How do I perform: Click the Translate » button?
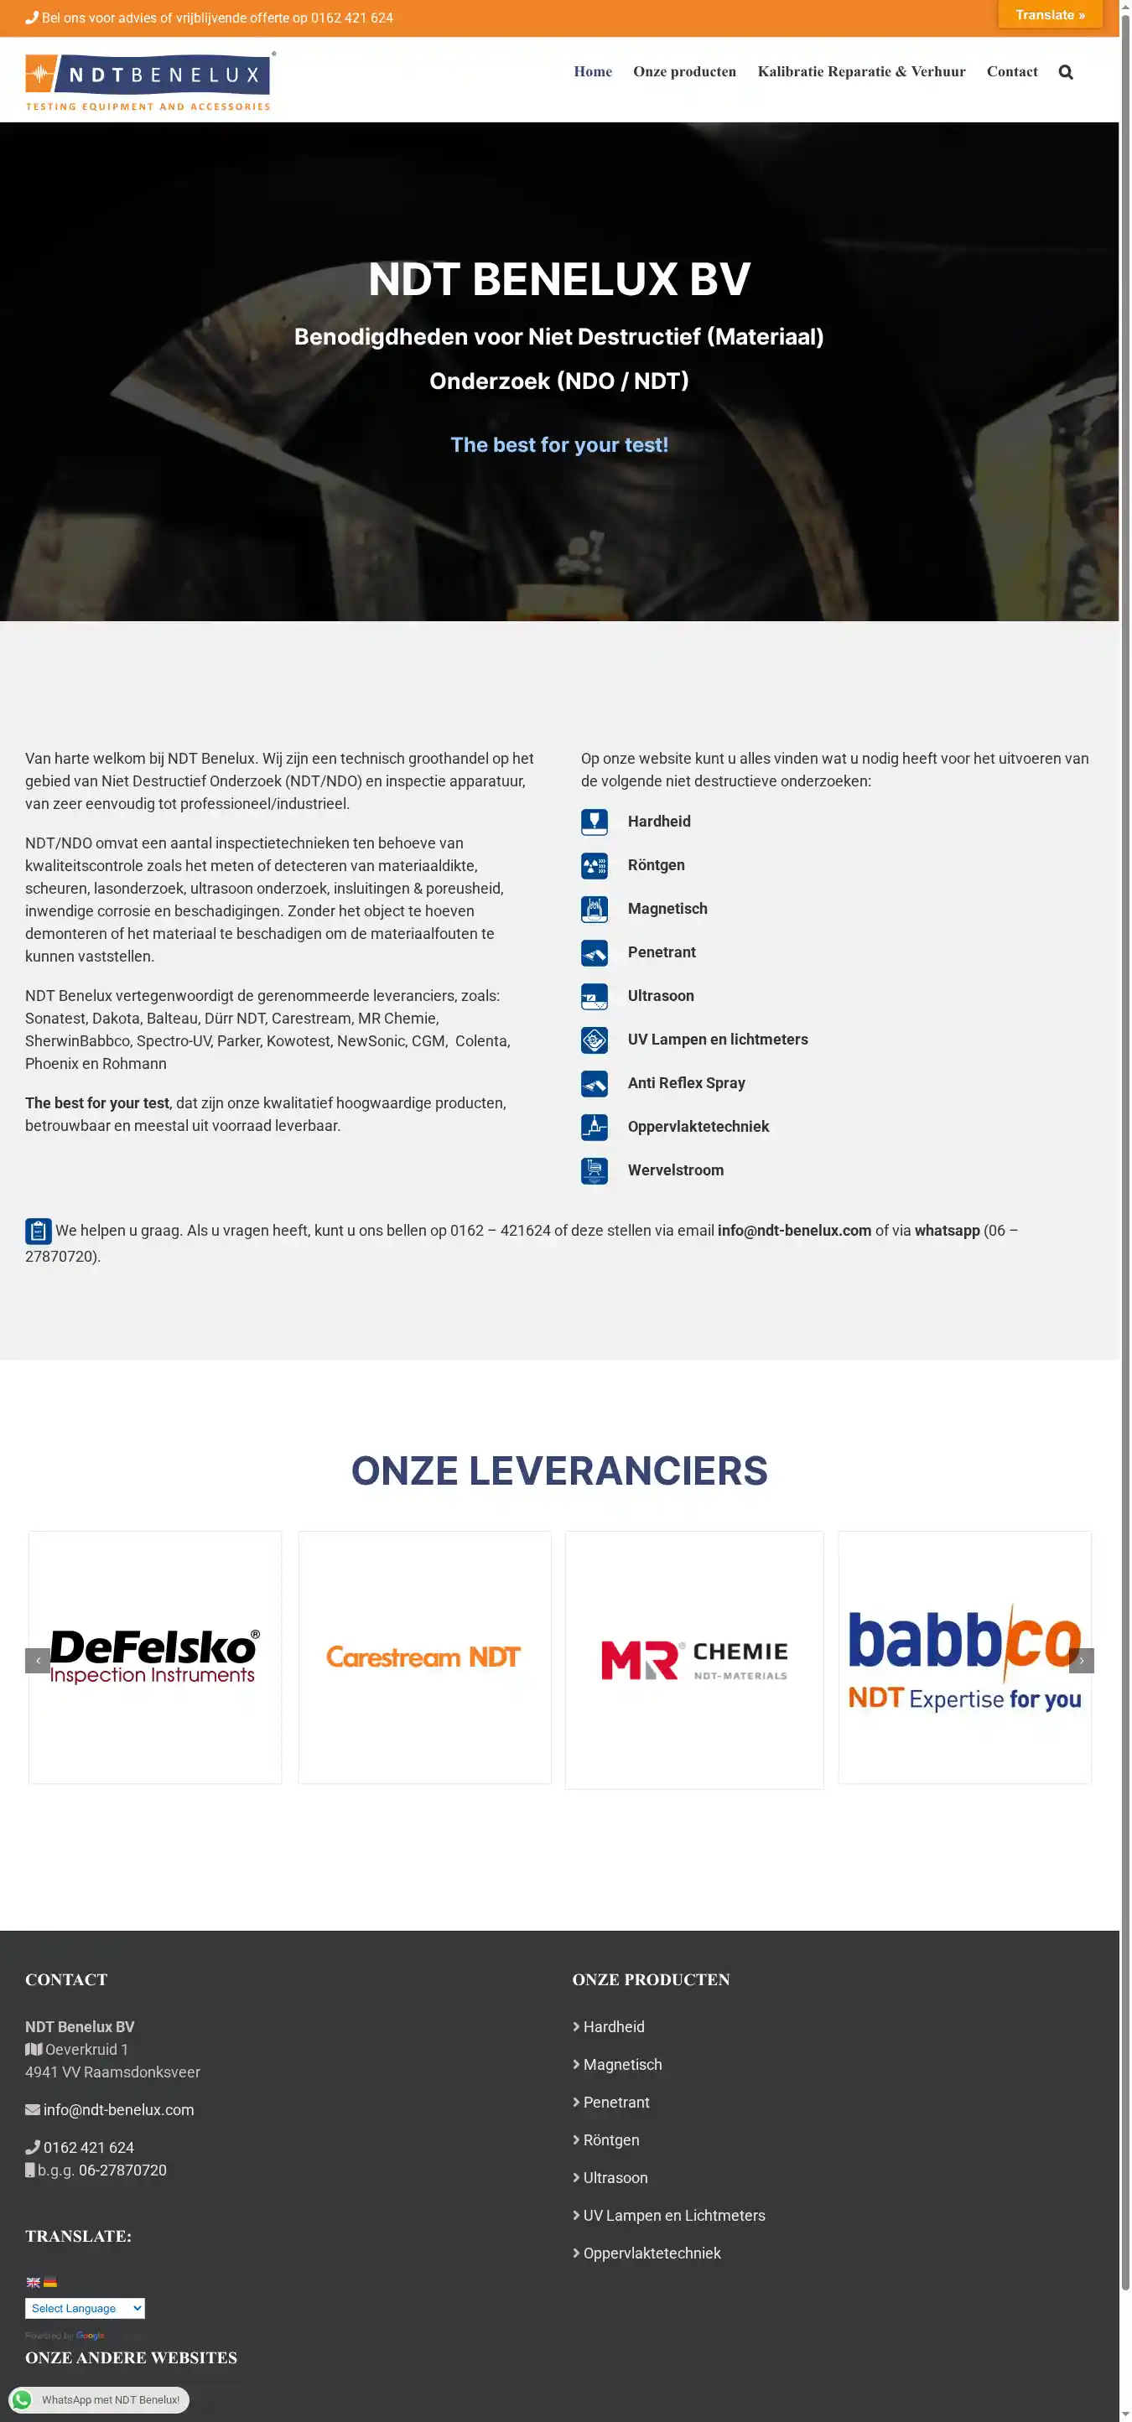coord(1049,15)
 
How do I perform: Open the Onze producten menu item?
coord(684,71)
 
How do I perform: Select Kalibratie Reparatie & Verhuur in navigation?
coord(861,71)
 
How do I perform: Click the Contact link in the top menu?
coord(1011,71)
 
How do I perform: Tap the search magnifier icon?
coord(1065,72)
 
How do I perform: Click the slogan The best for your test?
coord(559,444)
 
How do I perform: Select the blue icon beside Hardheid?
coord(595,822)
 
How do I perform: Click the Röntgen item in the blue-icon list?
coord(656,865)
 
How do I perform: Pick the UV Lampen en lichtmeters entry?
coord(718,1039)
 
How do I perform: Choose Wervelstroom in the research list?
coord(675,1170)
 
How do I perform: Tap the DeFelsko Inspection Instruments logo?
coord(155,1657)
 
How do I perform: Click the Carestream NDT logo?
coord(424,1657)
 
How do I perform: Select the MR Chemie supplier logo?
coord(693,1659)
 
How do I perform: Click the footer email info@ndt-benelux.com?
coord(118,2110)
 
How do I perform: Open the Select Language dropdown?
coord(85,2308)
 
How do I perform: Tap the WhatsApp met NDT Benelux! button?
coord(100,2399)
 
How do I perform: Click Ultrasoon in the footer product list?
coord(615,2177)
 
